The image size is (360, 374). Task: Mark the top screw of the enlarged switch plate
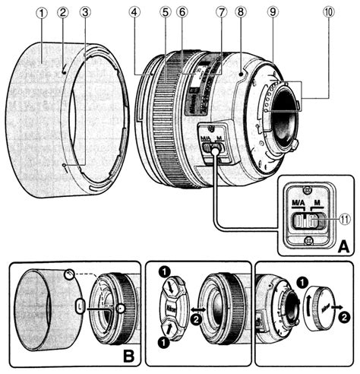pyautogui.click(x=307, y=190)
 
